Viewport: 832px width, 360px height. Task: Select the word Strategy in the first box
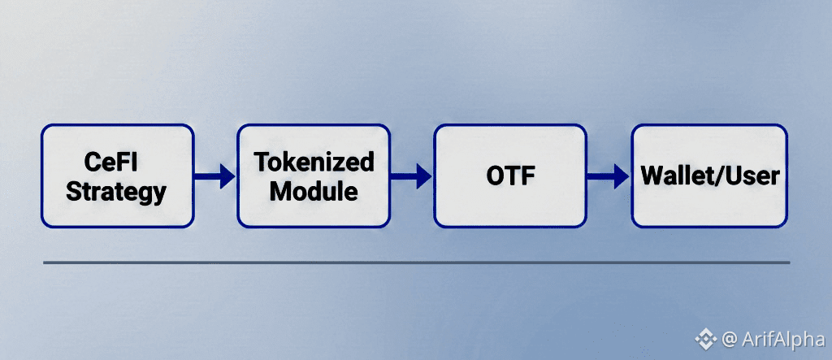click(x=116, y=192)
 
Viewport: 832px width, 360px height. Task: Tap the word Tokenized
click(x=314, y=162)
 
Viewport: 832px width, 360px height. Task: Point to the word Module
click(x=314, y=192)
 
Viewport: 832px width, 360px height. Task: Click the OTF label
click(x=509, y=176)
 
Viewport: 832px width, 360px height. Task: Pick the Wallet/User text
click(x=709, y=176)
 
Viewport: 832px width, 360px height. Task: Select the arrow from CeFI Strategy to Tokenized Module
click(x=215, y=176)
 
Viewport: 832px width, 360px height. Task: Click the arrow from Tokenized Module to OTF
click(x=413, y=176)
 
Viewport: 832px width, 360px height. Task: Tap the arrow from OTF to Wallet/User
click(x=609, y=176)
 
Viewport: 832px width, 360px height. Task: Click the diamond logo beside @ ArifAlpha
click(x=704, y=338)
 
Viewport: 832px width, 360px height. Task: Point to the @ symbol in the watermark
click(x=729, y=338)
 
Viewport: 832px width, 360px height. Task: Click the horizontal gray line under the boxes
click(x=416, y=262)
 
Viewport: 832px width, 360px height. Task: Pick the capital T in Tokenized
click(x=260, y=162)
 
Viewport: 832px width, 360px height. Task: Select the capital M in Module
click(x=280, y=192)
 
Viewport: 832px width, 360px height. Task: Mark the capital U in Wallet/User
click(x=734, y=176)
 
